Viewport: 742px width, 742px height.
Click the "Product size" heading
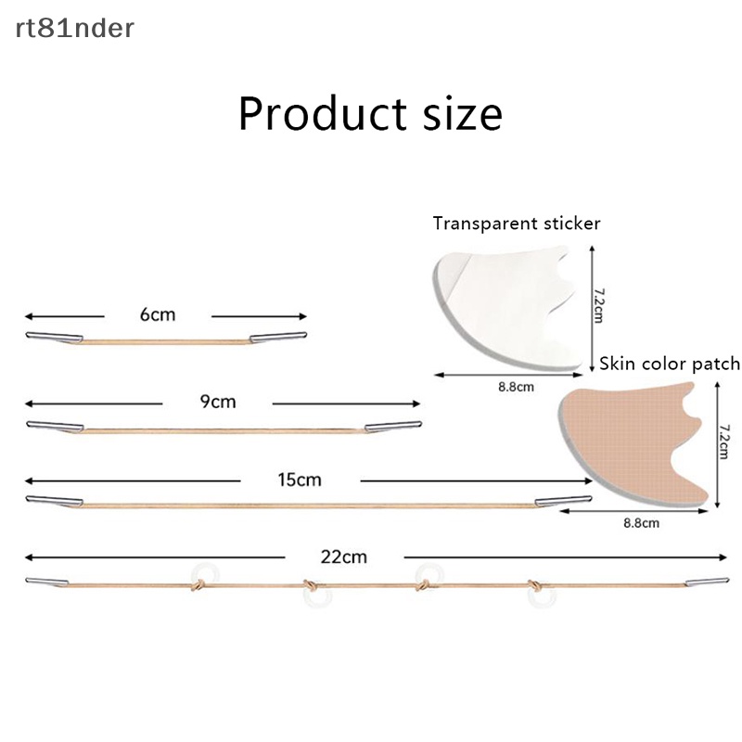(x=370, y=114)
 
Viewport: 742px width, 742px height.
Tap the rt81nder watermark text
(x=74, y=29)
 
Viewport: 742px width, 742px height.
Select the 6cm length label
(x=158, y=314)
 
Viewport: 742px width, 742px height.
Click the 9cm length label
(x=218, y=402)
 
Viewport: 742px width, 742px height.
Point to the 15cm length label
(x=299, y=480)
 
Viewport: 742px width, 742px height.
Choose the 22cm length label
(x=343, y=556)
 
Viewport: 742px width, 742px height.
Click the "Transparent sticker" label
(x=517, y=224)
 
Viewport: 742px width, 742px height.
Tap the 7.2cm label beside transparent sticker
(x=597, y=303)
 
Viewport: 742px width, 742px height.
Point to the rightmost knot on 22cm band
(x=535, y=585)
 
